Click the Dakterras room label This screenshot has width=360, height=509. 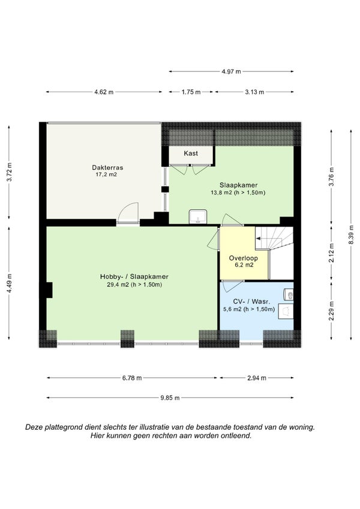[x=107, y=167]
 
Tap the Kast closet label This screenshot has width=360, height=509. [x=191, y=153]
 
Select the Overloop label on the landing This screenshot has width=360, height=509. [x=244, y=258]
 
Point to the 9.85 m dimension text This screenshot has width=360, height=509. [x=170, y=397]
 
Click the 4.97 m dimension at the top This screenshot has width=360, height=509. [x=232, y=71]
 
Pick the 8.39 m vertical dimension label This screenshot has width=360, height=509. [x=351, y=234]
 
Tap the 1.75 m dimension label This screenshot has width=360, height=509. [x=191, y=92]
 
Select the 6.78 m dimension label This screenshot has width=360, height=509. [x=132, y=378]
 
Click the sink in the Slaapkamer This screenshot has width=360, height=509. [x=198, y=216]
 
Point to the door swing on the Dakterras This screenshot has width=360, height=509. [x=128, y=212]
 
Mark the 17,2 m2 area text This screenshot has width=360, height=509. [x=106, y=174]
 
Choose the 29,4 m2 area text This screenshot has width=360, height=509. [x=134, y=285]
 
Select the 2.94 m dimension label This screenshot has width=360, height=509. [x=257, y=378]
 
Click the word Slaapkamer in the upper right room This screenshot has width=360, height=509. [x=238, y=185]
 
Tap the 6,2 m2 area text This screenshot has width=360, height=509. [x=244, y=265]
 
